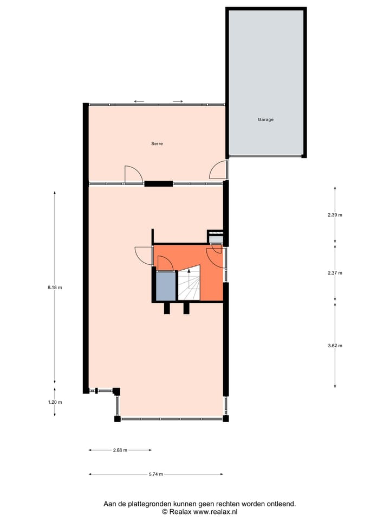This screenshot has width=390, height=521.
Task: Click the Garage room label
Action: pos(265,119)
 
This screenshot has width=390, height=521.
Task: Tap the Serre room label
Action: pos(157,144)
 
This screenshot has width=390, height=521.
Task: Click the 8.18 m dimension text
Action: pos(55,288)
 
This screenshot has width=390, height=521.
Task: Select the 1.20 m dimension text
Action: pos(55,402)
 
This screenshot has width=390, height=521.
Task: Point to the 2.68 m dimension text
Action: pos(120,450)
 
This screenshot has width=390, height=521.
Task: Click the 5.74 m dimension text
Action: pos(156,474)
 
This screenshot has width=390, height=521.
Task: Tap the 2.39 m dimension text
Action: pos(335,215)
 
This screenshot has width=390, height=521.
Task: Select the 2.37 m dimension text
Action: pos(335,273)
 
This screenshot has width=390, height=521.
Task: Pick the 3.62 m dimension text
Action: pos(335,345)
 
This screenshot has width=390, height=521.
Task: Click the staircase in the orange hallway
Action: pos(190,283)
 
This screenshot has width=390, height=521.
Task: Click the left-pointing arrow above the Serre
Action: pos(139,101)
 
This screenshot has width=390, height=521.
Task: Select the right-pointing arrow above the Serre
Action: pos(178,101)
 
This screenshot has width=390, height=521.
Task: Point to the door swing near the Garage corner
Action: pos(218,170)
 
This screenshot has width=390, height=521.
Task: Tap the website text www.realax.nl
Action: pos(216,512)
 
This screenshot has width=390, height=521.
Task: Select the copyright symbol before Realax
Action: pos(165,512)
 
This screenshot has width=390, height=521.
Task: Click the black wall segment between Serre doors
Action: pos(158,183)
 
